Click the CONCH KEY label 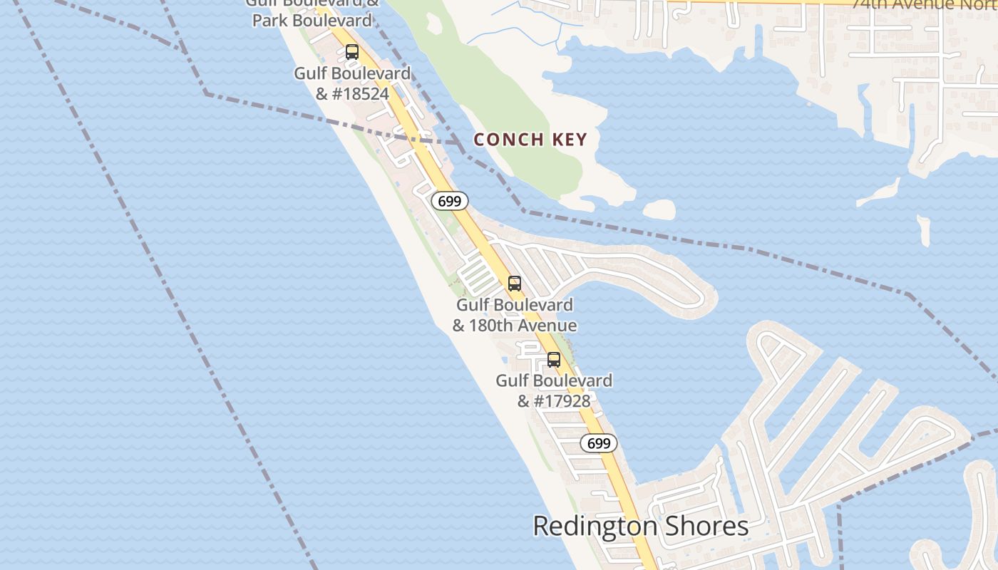coord(530,140)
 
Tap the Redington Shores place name coord(640,527)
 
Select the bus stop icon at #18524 coord(352,52)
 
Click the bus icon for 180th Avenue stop coord(515,284)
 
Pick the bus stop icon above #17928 coord(554,360)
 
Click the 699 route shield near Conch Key coord(450,202)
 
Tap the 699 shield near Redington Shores coord(599,443)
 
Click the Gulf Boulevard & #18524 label coord(352,83)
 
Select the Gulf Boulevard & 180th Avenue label coord(515,315)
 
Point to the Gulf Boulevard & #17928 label coord(554,390)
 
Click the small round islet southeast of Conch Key coord(659,209)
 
